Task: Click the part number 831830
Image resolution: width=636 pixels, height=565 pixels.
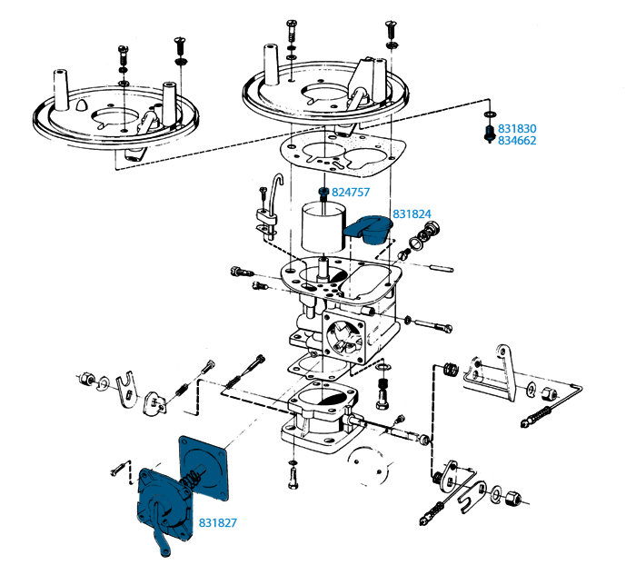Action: tap(517, 129)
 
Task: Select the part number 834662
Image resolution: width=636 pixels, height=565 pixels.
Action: tap(517, 140)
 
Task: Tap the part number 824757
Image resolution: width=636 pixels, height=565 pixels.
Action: tap(351, 193)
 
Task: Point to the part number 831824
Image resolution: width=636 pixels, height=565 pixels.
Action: tap(412, 214)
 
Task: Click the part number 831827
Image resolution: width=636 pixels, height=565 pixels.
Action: tap(217, 523)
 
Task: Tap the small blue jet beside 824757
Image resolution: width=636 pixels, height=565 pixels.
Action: tap(323, 193)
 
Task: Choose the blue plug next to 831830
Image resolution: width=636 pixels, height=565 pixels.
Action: tap(490, 134)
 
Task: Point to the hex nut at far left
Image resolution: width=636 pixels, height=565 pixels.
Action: tap(85, 379)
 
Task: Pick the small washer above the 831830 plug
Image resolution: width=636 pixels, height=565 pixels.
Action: tap(490, 114)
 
